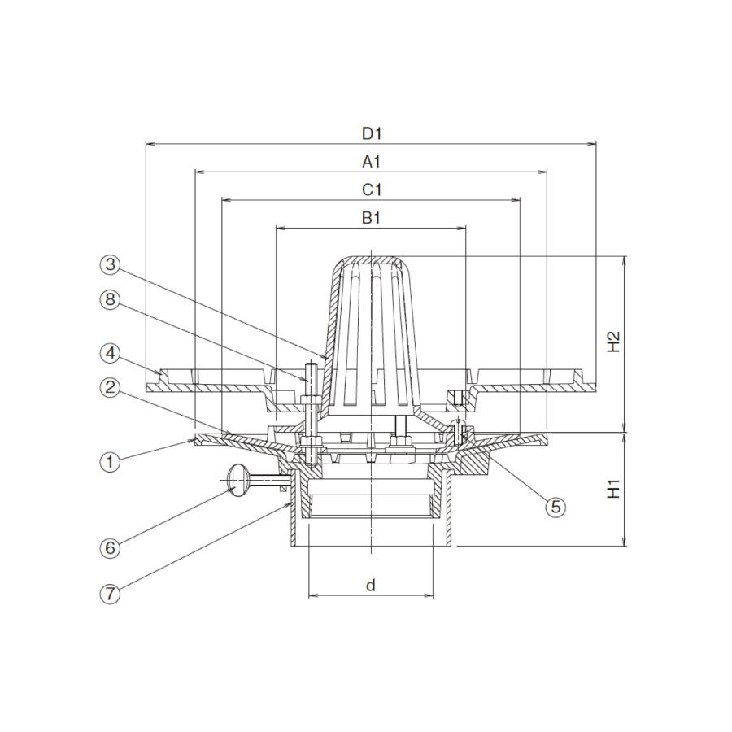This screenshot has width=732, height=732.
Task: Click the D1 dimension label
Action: point(372,134)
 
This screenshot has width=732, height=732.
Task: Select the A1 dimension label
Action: point(372,162)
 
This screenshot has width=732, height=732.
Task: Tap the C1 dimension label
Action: point(372,190)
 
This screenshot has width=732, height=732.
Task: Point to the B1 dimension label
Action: point(372,218)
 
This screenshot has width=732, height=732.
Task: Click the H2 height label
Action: point(613,342)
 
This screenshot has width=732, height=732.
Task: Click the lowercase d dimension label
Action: point(371,585)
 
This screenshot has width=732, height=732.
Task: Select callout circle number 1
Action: point(110,462)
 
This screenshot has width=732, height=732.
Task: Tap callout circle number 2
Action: point(110,388)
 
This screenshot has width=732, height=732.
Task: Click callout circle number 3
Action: point(110,264)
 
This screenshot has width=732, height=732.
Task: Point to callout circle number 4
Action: point(110,354)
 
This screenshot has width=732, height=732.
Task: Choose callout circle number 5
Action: point(556,506)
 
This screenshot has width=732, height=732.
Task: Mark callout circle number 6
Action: point(110,547)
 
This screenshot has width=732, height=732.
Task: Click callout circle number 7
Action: point(110,594)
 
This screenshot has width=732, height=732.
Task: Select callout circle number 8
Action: point(110,299)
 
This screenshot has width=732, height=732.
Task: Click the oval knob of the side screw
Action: point(236,480)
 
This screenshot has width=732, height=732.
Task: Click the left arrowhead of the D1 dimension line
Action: point(150,144)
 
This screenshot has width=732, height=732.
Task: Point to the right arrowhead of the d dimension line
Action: point(428,595)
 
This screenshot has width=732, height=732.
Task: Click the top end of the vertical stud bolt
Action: point(311,364)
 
